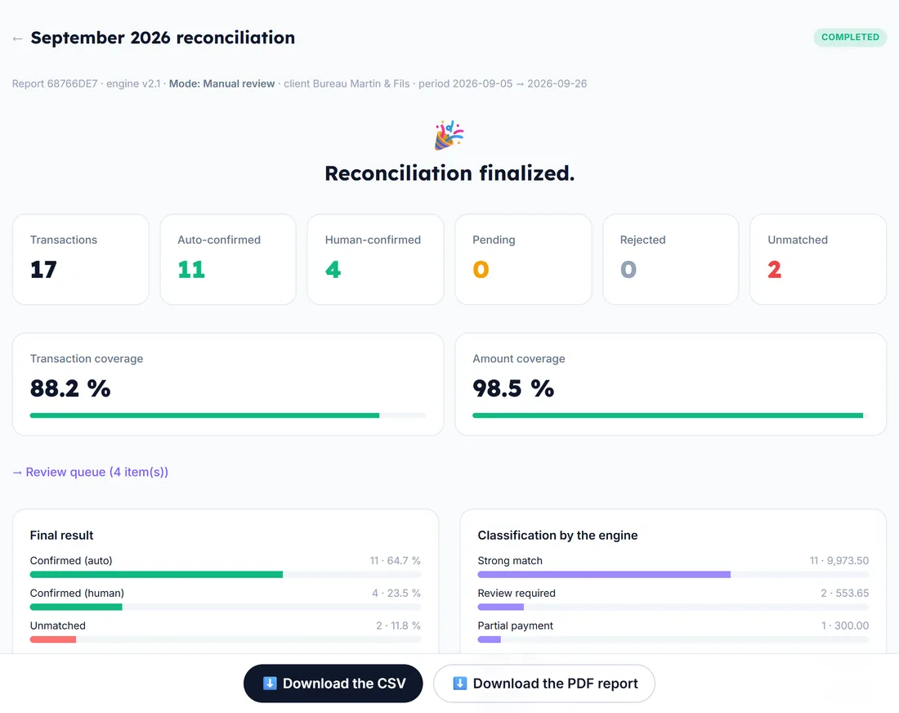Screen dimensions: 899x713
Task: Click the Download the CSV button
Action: click(333, 684)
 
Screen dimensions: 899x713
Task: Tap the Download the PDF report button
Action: click(544, 684)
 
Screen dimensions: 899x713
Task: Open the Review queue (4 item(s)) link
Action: click(91, 472)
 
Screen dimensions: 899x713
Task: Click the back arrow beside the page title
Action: click(17, 38)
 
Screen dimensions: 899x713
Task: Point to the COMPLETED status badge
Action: click(850, 38)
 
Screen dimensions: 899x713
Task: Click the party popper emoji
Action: click(449, 136)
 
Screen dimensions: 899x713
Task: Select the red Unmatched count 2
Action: click(774, 269)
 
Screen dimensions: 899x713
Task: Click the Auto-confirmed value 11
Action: click(191, 269)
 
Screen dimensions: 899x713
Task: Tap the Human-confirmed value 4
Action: click(333, 269)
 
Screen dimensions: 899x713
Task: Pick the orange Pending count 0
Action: click(481, 269)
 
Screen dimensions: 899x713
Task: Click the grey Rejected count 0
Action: click(628, 269)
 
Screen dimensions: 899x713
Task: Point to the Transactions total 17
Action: click(43, 269)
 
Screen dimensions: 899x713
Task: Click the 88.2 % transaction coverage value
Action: click(70, 388)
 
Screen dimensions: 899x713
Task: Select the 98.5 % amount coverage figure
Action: click(513, 388)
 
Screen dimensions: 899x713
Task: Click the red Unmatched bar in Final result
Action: click(53, 639)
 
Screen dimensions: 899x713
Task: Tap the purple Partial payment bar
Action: click(489, 639)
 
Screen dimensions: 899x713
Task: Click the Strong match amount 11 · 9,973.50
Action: click(839, 560)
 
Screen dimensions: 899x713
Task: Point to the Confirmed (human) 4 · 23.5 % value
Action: click(396, 593)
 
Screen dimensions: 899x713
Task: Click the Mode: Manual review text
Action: click(221, 83)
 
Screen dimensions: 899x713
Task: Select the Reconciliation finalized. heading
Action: click(449, 173)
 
